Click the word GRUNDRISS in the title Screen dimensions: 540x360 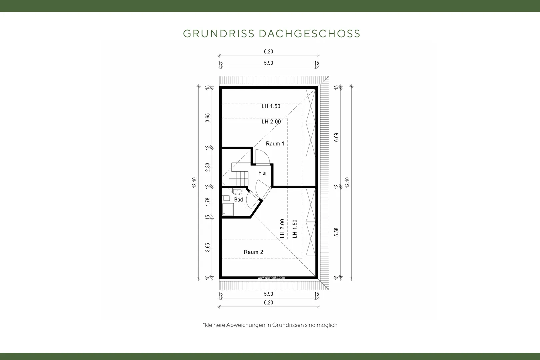[x=219, y=34]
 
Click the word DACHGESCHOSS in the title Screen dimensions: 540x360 [x=310, y=34]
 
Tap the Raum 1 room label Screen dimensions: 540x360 [x=275, y=144]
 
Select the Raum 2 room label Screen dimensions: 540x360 [x=253, y=252]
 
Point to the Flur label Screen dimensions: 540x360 [x=263, y=173]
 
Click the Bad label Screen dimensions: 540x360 [x=238, y=200]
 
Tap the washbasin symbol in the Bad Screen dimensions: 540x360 [x=237, y=192]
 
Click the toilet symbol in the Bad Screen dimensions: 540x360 [x=226, y=198]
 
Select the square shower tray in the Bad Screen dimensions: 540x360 [x=228, y=209]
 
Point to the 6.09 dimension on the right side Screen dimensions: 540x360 [x=337, y=137]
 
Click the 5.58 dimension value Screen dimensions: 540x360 [x=337, y=232]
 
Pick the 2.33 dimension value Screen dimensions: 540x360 [x=208, y=167]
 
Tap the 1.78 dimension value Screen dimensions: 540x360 [x=208, y=202]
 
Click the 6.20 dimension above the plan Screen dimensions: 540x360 [x=268, y=52]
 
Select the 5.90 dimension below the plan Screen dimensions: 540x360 [x=268, y=294]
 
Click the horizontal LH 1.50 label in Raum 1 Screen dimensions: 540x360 [x=271, y=106]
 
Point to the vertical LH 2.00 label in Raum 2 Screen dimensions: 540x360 [x=283, y=229]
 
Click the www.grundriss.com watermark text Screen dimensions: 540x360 [x=271, y=278]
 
